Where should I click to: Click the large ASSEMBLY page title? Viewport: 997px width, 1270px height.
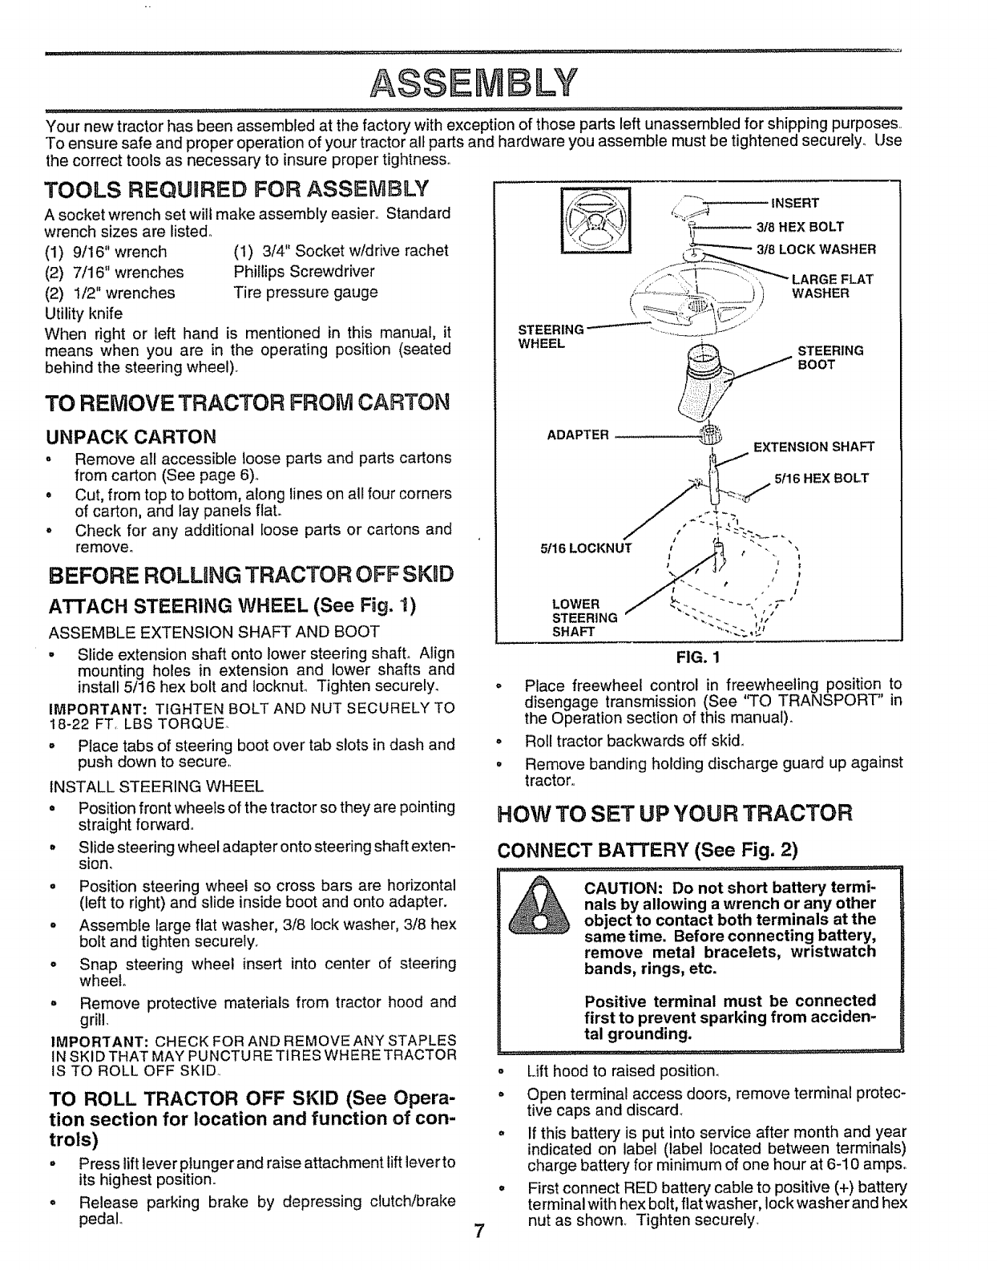[x=498, y=81]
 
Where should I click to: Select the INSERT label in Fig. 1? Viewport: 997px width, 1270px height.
[x=793, y=202]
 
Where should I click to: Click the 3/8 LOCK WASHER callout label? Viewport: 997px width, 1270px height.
[x=816, y=249]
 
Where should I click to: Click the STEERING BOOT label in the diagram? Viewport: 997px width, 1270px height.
[x=829, y=358]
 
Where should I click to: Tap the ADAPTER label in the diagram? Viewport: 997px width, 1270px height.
[x=578, y=435]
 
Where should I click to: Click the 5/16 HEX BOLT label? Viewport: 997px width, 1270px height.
[x=821, y=479]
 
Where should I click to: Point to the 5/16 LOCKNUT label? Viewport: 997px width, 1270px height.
[x=586, y=548]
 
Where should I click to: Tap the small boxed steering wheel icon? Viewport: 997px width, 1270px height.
[x=596, y=219]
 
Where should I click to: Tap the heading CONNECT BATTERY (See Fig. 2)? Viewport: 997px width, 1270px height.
[x=648, y=850]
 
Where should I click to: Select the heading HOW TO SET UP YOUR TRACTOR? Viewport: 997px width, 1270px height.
[x=673, y=814]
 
